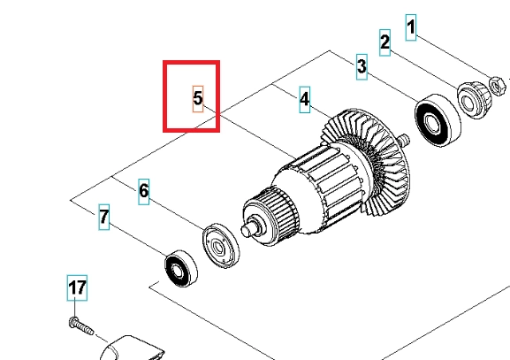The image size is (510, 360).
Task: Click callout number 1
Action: click(x=411, y=27)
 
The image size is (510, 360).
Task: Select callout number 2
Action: click(x=384, y=42)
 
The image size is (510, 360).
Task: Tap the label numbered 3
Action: click(x=362, y=66)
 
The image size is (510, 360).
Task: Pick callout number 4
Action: click(x=304, y=99)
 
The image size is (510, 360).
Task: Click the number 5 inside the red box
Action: click(x=198, y=99)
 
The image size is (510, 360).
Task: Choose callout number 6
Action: click(x=143, y=191)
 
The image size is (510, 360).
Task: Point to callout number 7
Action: click(x=103, y=217)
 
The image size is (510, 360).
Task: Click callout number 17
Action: click(x=77, y=287)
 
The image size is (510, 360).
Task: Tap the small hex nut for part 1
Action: click(x=498, y=86)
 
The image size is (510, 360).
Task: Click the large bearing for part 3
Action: click(x=438, y=120)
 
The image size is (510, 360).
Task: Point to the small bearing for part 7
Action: click(x=181, y=269)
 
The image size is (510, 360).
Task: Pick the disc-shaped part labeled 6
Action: click(x=220, y=246)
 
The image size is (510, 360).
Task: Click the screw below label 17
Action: click(x=81, y=326)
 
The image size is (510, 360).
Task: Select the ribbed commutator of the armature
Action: click(x=270, y=216)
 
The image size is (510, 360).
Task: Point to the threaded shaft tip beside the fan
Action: click(x=404, y=140)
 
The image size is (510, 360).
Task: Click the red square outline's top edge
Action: click(x=191, y=62)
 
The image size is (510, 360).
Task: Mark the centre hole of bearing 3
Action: click(x=431, y=123)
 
